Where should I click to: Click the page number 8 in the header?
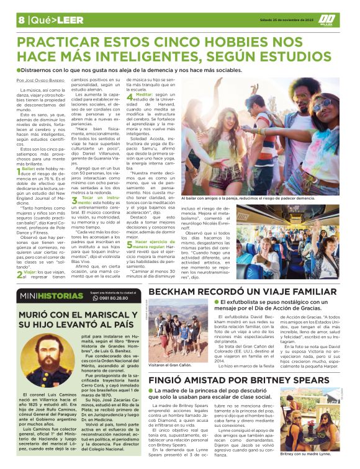click(x=21, y=19)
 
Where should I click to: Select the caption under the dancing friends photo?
click(x=248, y=198)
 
